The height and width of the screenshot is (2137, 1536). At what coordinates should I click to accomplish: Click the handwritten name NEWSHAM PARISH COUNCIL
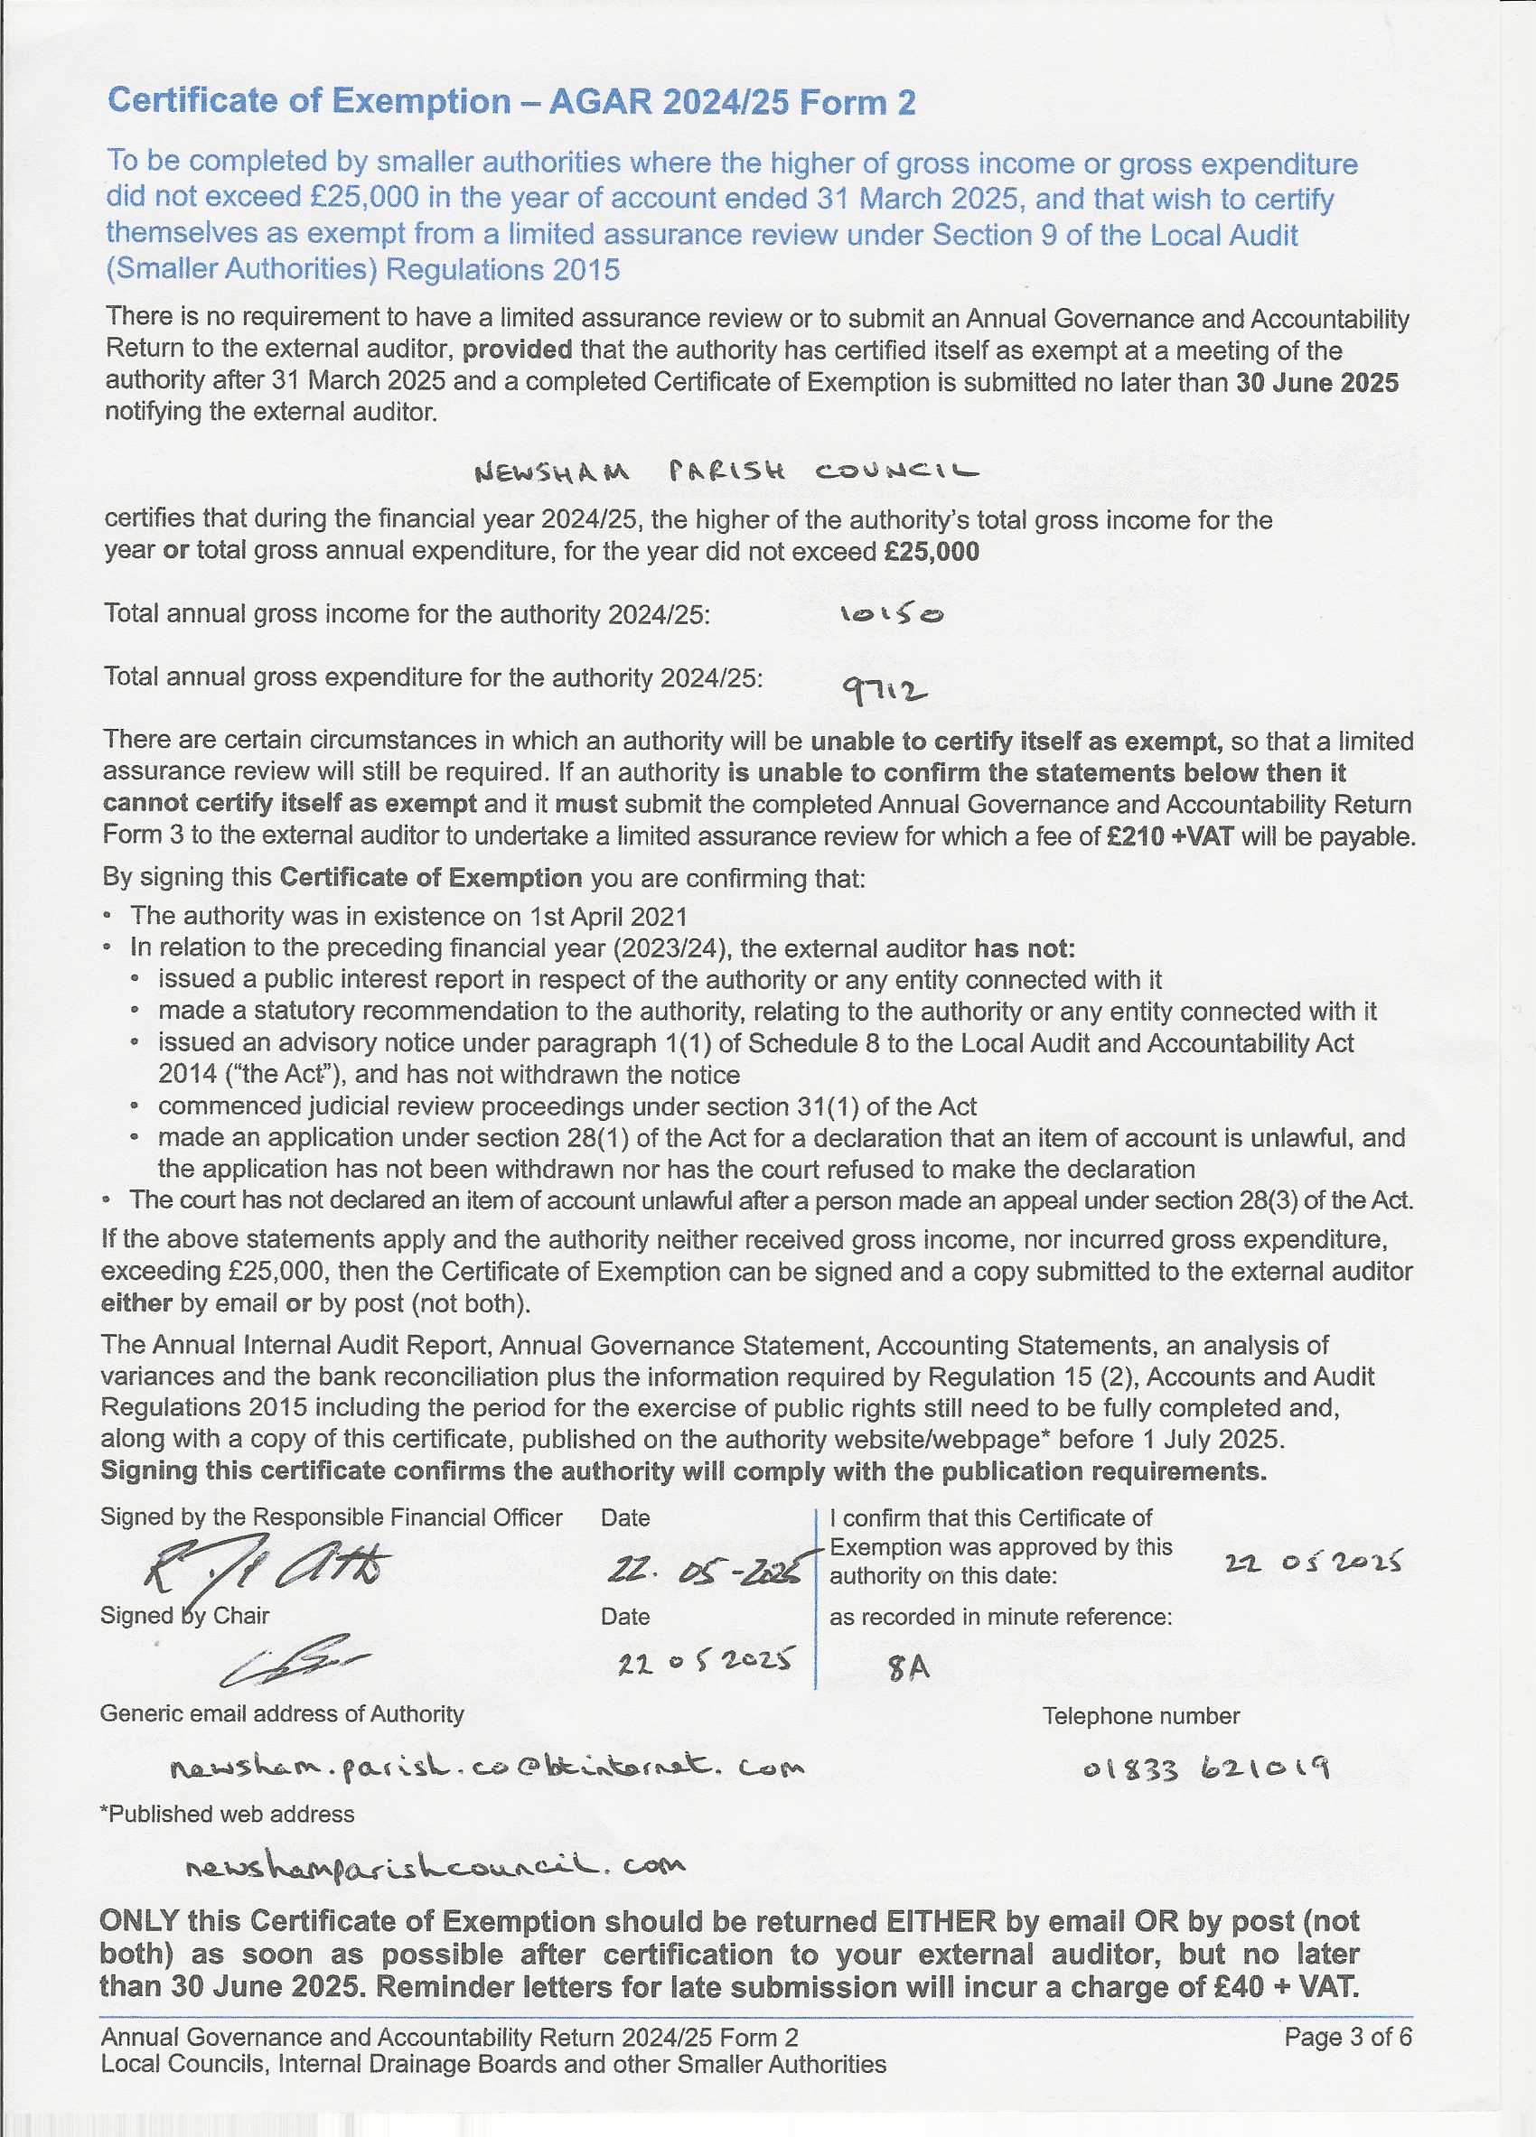tap(726, 471)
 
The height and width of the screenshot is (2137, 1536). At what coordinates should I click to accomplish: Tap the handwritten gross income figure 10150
tap(891, 615)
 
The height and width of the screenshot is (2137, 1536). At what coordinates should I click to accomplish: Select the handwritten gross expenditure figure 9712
tap(884, 693)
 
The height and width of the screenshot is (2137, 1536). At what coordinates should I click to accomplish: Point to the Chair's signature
tap(292, 1662)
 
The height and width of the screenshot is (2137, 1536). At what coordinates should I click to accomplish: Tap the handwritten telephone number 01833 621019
tap(1205, 1768)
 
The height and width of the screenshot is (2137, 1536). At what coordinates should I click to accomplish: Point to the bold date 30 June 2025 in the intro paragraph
tap(1316, 383)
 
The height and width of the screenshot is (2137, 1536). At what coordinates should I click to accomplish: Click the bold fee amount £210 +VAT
tap(1169, 836)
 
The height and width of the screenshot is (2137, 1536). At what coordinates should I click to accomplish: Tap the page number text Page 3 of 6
tap(1347, 2037)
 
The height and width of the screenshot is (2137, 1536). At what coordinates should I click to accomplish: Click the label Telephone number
tap(1140, 1716)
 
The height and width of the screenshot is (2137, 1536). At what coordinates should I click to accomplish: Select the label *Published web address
tap(227, 1814)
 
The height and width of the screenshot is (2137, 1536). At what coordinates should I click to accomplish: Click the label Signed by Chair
tap(184, 1615)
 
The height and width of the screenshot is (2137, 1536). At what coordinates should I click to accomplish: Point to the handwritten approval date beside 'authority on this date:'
tap(1313, 1563)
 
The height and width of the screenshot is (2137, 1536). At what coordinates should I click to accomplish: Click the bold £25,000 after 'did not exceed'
tap(931, 552)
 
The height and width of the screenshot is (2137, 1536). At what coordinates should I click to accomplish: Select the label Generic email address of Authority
tap(282, 1714)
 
